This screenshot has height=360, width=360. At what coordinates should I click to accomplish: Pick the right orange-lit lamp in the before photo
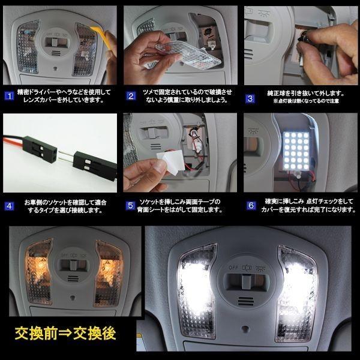[109, 268]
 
